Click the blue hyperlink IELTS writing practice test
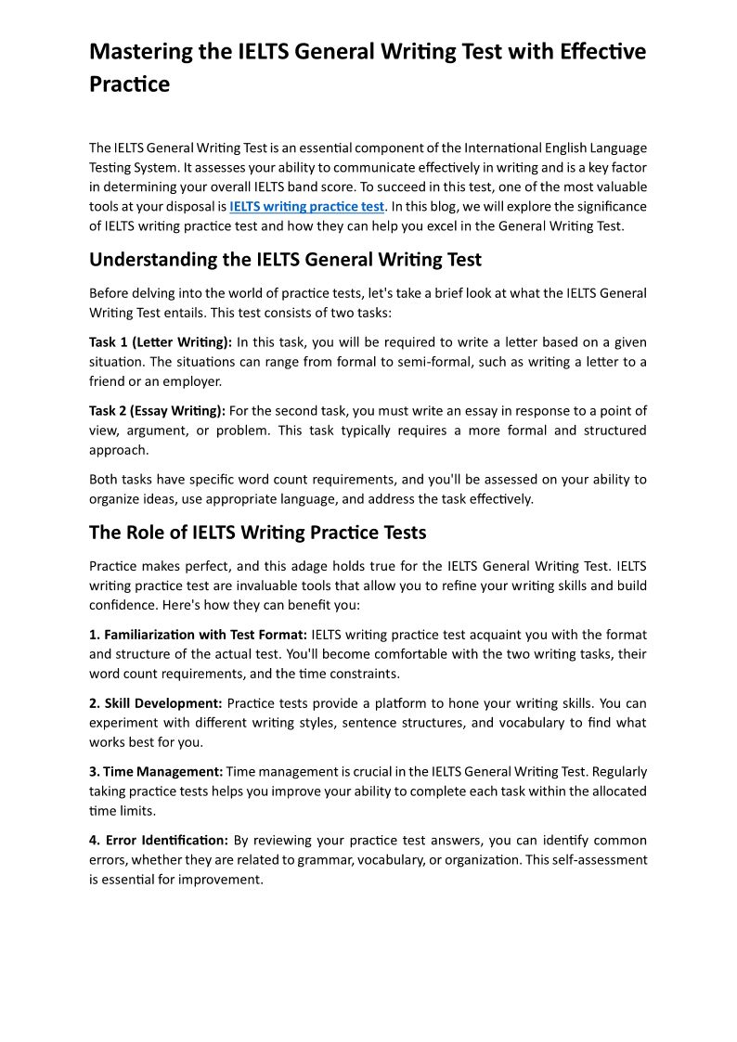point(306,206)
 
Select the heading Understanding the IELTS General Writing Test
point(285,259)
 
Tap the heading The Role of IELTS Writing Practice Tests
point(257,532)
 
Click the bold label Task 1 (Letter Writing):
point(161,342)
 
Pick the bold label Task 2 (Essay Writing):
point(157,410)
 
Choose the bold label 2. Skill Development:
point(155,703)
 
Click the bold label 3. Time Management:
point(156,771)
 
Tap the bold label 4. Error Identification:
point(158,840)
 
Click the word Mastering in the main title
point(140,51)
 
